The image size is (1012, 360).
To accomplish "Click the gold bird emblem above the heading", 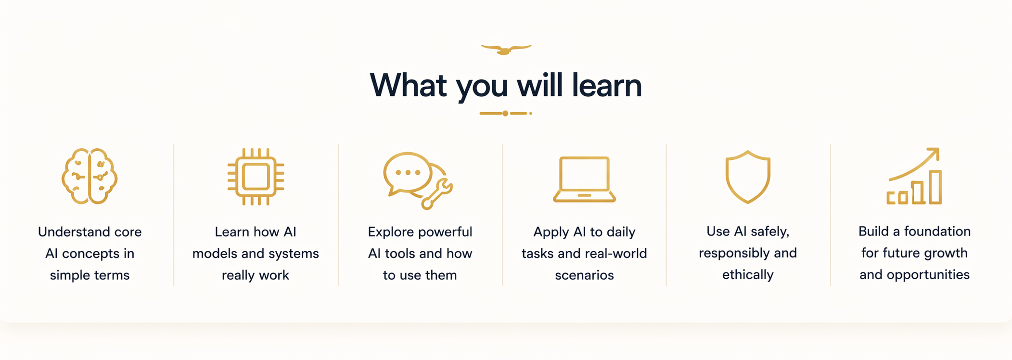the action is pos(506,50).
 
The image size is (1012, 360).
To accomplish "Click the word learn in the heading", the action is pos(606,86).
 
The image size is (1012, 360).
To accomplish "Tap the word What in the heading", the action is pos(408,86).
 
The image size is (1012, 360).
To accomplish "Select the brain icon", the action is pos(90,176).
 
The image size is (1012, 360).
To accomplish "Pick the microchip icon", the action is pos(256,177).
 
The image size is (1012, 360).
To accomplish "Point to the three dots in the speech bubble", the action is pos(408,172).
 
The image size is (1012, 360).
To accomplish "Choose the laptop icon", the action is pos(584,179).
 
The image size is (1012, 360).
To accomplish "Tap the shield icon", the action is pos(748,177).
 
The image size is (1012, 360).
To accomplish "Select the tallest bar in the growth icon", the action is pos(935,187).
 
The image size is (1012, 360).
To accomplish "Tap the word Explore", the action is pos(390,232).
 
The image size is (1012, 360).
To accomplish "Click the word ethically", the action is pos(748,275).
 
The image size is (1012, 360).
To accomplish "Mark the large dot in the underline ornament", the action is pos(505,114).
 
